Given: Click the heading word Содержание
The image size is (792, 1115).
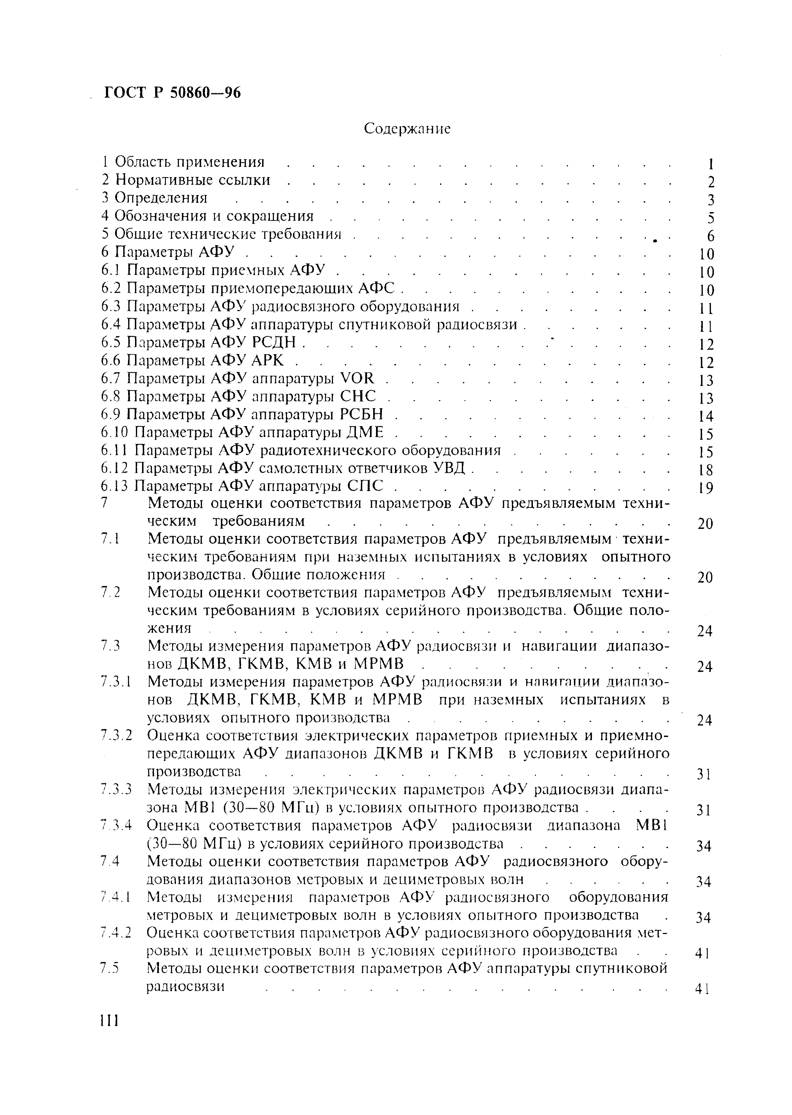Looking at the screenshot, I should pos(407,129).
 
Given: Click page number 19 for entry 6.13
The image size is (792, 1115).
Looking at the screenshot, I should pos(705,488).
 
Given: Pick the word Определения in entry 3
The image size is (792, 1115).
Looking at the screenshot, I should pos(161,198).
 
